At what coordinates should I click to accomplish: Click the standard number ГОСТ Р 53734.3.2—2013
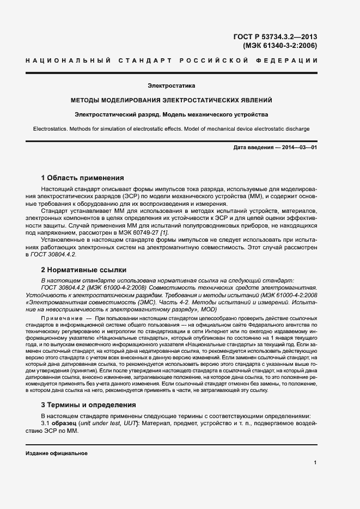click(x=275, y=37)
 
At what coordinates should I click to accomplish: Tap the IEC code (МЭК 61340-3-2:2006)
click(x=279, y=46)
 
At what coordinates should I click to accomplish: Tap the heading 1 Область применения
click(x=83, y=177)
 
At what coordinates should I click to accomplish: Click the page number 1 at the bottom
click(x=315, y=463)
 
